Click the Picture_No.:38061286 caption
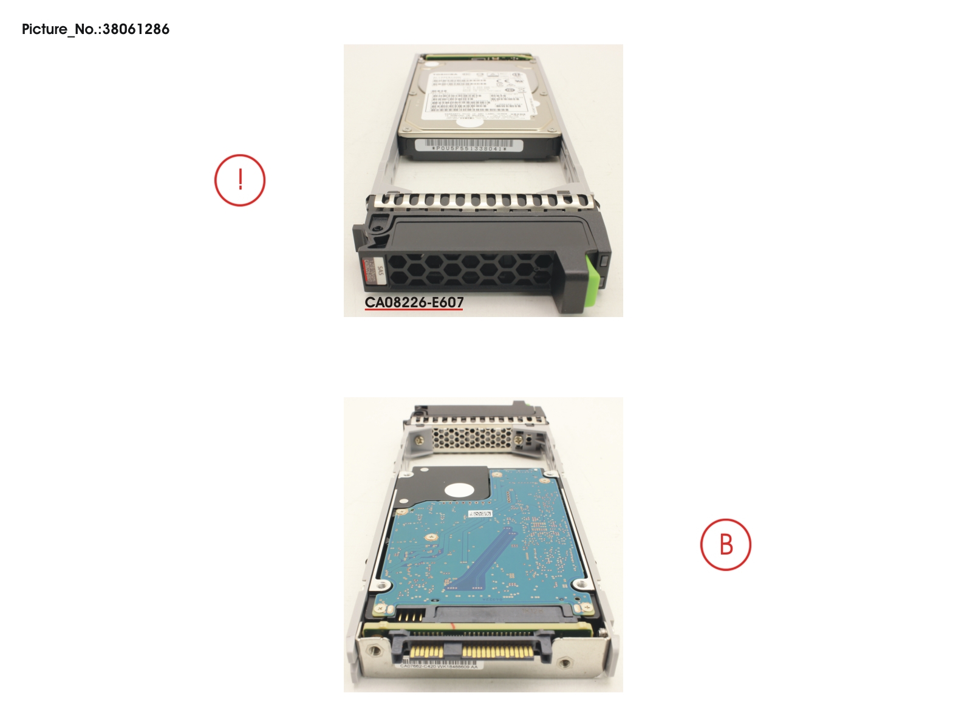(95, 29)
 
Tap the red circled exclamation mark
(240, 180)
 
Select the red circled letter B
(725, 544)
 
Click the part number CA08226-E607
(414, 302)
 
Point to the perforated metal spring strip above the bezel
(480, 200)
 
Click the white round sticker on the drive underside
(459, 490)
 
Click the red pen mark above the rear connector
(452, 625)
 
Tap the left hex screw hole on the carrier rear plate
(375, 650)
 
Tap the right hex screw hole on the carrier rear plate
(565, 664)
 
